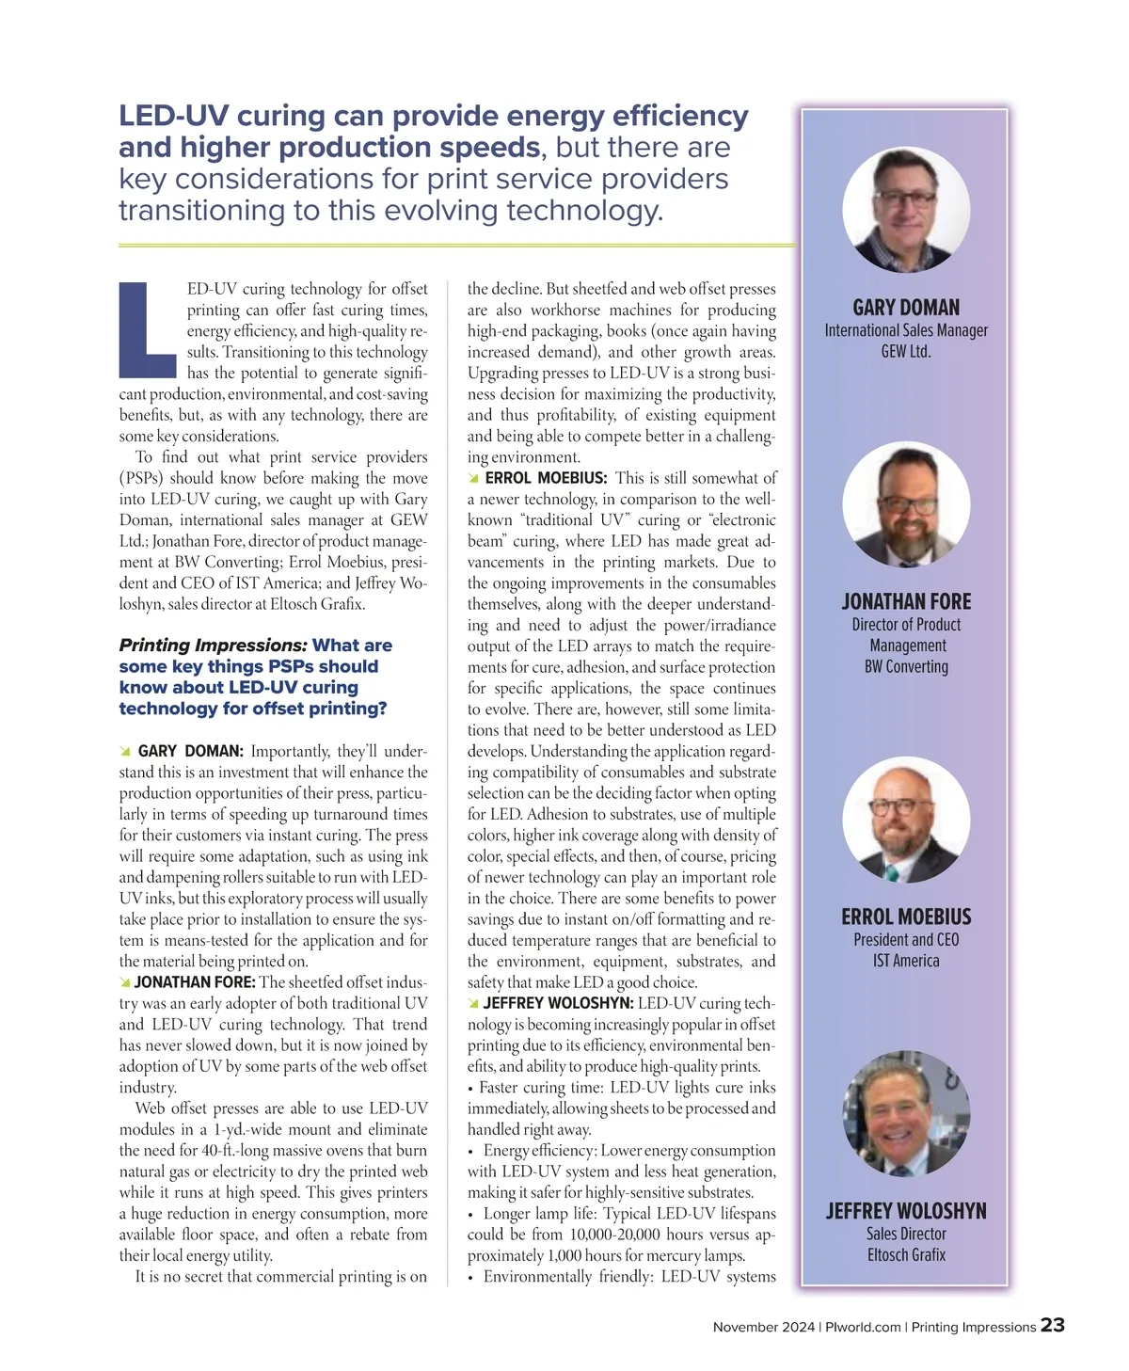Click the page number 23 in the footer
click(1053, 1325)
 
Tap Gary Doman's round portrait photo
click(905, 209)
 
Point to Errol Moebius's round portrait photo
click(905, 819)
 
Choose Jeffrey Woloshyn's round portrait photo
click(905, 1113)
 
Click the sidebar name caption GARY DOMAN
click(906, 308)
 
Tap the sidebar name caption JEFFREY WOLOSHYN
click(906, 1211)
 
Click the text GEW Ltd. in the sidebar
click(906, 352)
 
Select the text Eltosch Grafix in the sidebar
click(906, 1254)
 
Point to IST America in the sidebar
click(906, 961)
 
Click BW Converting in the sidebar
click(906, 666)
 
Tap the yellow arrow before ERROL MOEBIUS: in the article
click(474, 479)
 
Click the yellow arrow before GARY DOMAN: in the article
click(125, 752)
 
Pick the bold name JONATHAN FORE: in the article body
click(195, 982)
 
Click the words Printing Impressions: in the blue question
click(213, 646)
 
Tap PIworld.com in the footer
click(863, 1327)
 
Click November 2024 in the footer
click(763, 1327)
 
